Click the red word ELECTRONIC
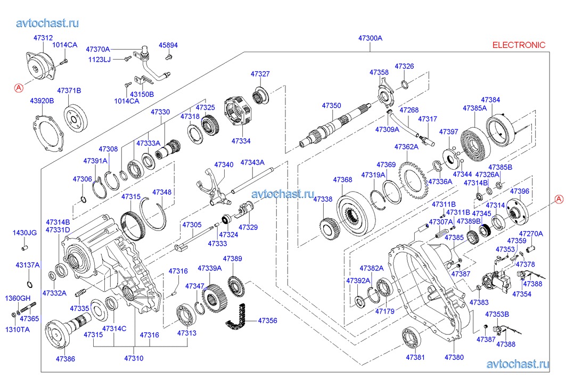click(x=519, y=45)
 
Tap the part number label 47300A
click(x=370, y=38)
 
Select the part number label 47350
click(x=331, y=106)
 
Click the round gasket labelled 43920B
click(x=52, y=131)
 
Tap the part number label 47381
click(x=415, y=357)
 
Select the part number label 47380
click(x=454, y=357)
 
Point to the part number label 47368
click(x=342, y=180)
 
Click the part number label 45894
click(x=168, y=45)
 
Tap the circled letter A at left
click(x=18, y=88)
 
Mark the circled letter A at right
click(x=559, y=199)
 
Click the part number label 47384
click(x=490, y=100)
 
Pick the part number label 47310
click(x=133, y=358)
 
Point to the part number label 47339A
click(x=209, y=268)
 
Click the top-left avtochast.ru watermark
click(x=48, y=23)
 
